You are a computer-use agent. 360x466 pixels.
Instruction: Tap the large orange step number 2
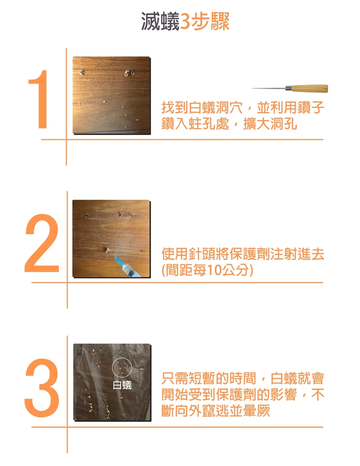click(x=42, y=243)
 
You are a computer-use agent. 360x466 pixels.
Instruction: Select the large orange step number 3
click(x=42, y=388)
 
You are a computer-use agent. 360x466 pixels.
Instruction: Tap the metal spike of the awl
click(x=268, y=88)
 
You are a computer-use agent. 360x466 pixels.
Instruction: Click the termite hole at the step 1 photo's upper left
click(x=81, y=72)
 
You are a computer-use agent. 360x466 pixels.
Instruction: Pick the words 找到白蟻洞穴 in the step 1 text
click(x=202, y=108)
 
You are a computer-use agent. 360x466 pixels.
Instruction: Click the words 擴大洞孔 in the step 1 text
click(x=270, y=124)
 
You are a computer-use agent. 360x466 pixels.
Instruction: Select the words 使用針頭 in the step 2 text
click(x=189, y=254)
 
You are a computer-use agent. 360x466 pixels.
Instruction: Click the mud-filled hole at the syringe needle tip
click(x=107, y=250)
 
